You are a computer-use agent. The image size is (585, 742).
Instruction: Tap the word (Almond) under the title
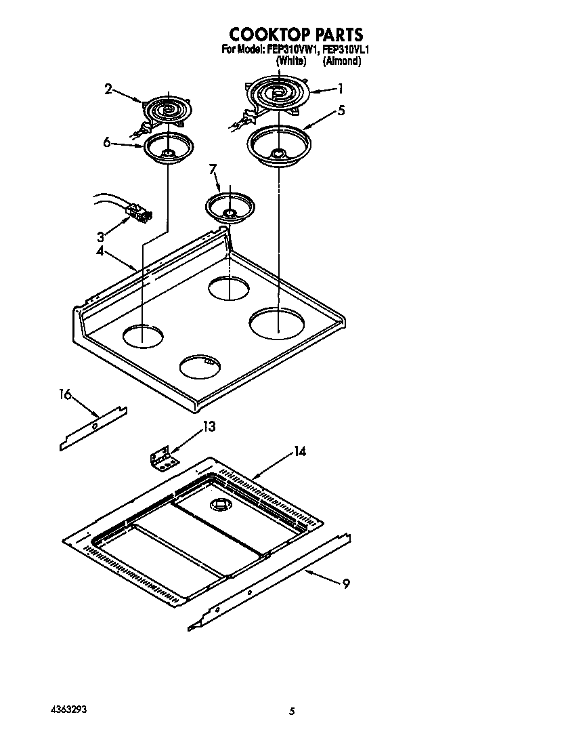(x=341, y=61)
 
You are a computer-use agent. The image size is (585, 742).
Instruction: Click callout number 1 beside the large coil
(x=341, y=88)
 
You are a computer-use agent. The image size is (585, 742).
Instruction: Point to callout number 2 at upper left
(x=109, y=88)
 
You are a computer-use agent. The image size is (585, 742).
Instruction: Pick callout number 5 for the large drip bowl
(x=342, y=110)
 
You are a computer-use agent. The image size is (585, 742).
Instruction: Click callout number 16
(x=65, y=394)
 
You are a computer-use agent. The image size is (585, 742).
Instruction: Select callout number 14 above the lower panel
(x=299, y=452)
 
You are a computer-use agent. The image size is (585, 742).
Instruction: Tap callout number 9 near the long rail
(x=346, y=583)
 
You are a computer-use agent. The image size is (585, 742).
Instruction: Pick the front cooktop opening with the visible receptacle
(x=201, y=365)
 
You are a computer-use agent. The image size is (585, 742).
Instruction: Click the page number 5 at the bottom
(x=292, y=711)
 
